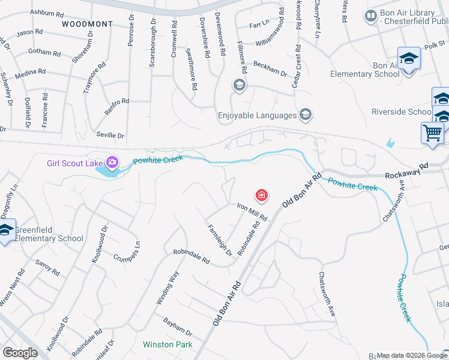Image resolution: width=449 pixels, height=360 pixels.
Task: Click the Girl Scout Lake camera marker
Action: (112, 162)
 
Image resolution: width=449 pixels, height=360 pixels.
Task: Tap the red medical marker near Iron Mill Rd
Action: (262, 195)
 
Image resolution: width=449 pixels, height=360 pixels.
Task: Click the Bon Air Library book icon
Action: (370, 14)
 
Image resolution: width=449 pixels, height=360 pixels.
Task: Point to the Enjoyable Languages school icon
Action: (306, 115)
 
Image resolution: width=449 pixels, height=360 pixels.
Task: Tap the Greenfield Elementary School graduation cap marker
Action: (6, 230)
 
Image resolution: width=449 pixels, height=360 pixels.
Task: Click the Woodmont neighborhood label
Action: (86, 23)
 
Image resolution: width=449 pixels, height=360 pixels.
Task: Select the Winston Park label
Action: (167, 344)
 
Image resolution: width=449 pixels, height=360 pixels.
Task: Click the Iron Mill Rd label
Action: (252, 211)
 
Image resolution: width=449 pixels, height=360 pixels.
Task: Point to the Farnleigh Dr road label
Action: (220, 240)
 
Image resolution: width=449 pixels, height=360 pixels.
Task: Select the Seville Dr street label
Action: (110, 136)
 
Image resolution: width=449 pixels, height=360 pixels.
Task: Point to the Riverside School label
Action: (401, 112)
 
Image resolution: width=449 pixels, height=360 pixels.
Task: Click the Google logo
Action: (20, 353)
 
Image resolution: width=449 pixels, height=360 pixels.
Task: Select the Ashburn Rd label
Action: (46, 13)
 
